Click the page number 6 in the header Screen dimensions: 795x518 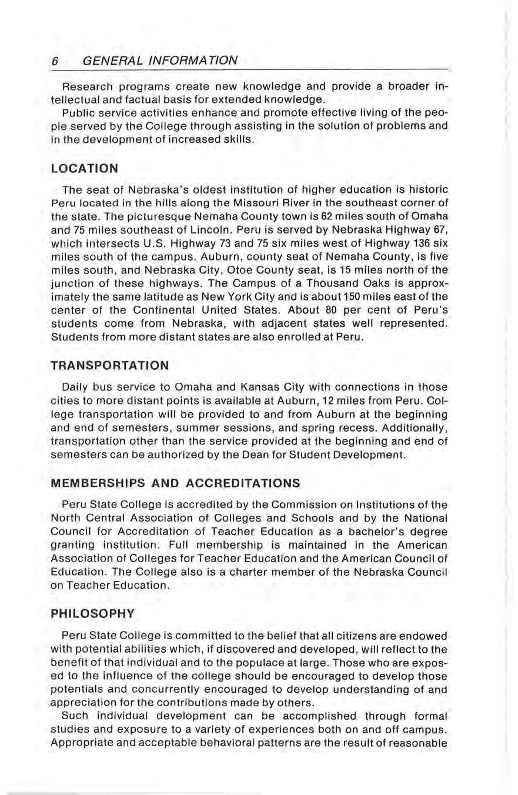(x=54, y=61)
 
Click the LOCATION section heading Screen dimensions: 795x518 (x=85, y=168)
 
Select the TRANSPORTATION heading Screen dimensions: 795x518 (x=110, y=365)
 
